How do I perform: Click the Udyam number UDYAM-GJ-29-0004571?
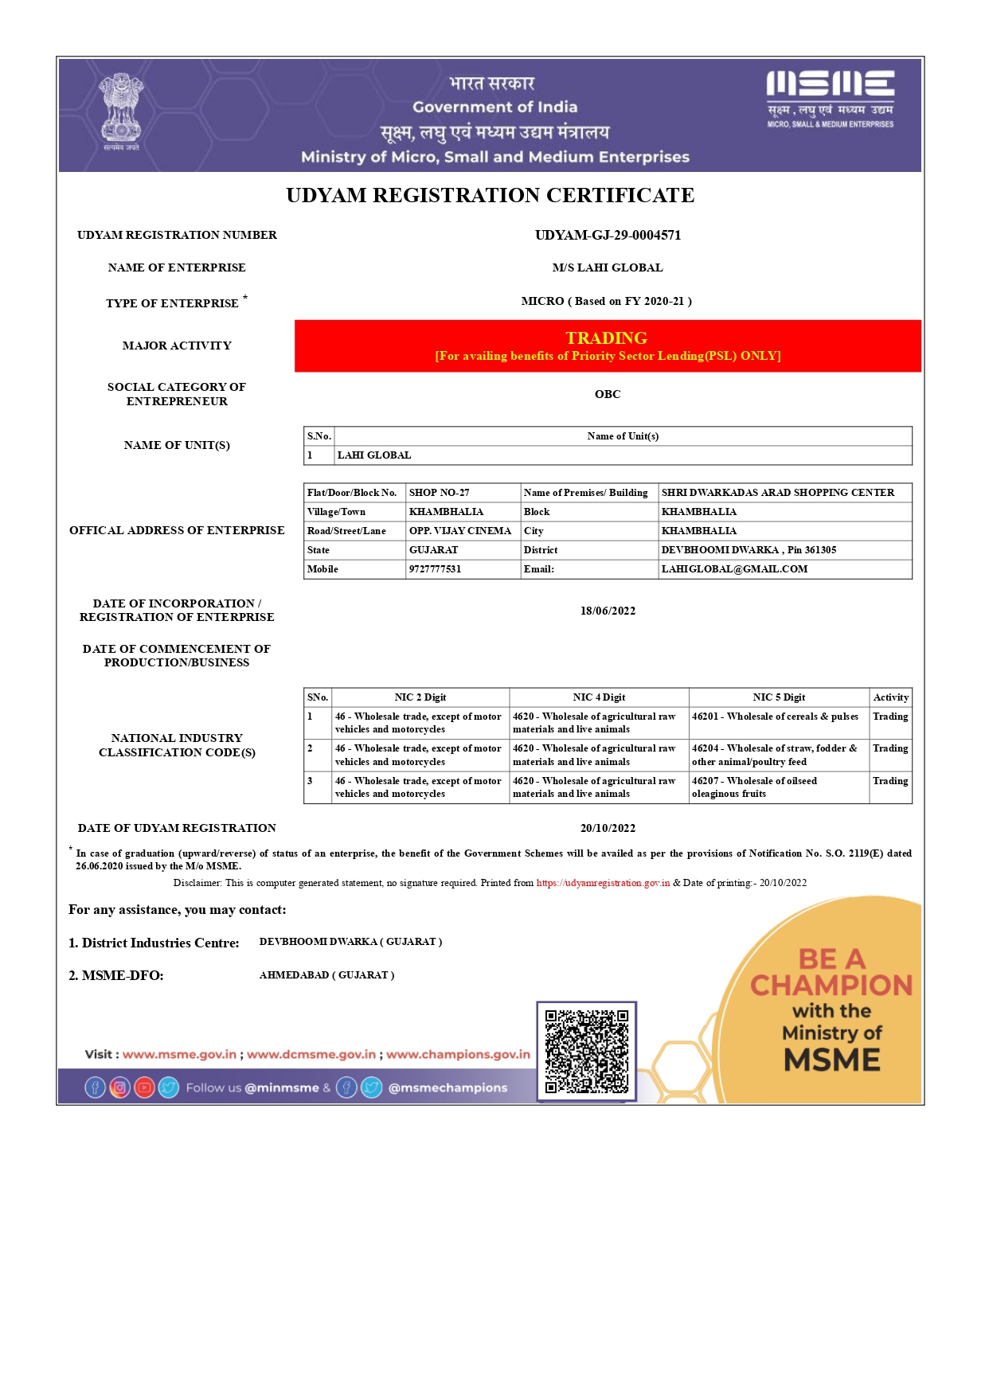coord(608,235)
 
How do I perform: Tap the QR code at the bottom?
coord(586,1051)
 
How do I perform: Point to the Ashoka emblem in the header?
coord(121,109)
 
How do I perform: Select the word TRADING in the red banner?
coord(607,338)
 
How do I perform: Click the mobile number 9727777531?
coord(435,569)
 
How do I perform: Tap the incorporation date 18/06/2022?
coord(608,611)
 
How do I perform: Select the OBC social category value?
coord(608,394)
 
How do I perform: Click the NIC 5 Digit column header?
coord(779,697)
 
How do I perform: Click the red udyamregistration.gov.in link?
coord(603,883)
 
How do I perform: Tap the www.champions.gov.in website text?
coord(458,1054)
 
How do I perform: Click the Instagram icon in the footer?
coord(119,1088)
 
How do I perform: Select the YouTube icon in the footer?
coord(144,1088)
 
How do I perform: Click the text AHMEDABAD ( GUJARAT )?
coord(326,975)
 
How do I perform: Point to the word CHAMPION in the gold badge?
coord(831,986)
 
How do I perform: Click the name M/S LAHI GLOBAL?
coord(608,267)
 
